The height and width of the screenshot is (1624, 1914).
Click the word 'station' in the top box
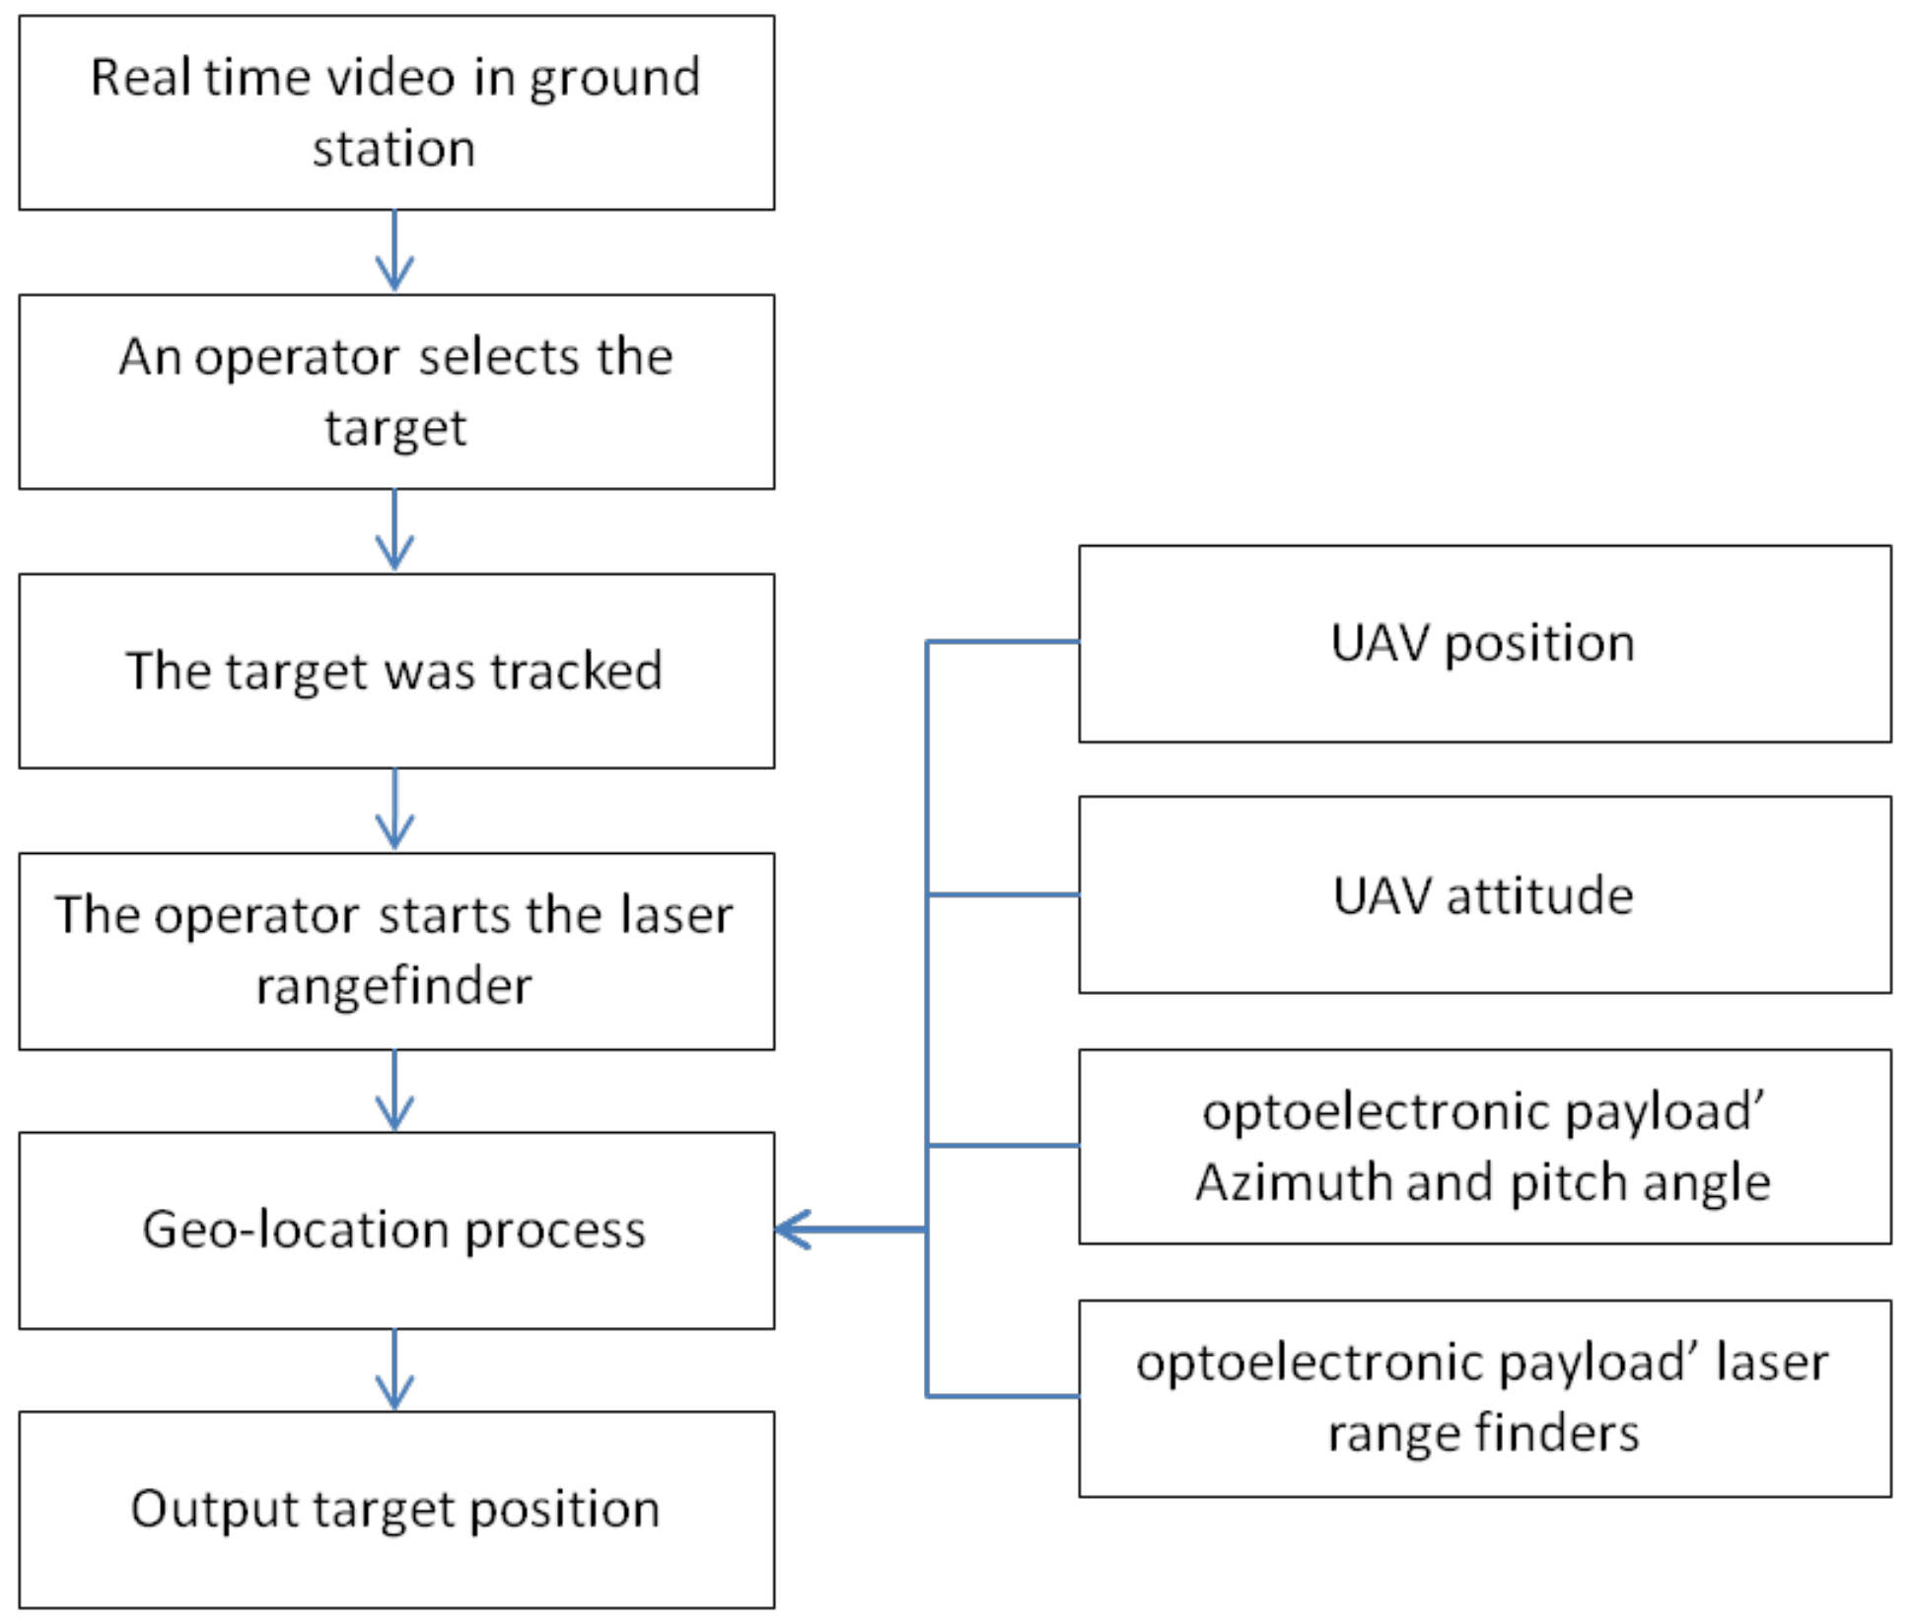[x=393, y=149]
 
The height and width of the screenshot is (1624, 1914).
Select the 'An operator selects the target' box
[x=396, y=391]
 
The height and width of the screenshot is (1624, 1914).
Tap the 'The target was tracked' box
[x=396, y=671]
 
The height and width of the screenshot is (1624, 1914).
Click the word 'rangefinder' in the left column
[x=393, y=985]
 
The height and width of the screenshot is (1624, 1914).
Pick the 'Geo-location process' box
[x=396, y=1230]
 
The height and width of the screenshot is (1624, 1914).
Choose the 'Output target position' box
[x=396, y=1509]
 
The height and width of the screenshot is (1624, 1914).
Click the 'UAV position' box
[x=1484, y=643]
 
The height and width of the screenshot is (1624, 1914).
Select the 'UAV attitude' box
[x=1484, y=895]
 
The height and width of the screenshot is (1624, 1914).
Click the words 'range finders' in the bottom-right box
[x=1483, y=1433]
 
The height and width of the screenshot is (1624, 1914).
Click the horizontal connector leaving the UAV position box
[x=1003, y=642]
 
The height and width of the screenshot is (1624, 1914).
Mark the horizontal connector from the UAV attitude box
[x=1003, y=894]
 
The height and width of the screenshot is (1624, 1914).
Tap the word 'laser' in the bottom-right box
[x=1771, y=1362]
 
